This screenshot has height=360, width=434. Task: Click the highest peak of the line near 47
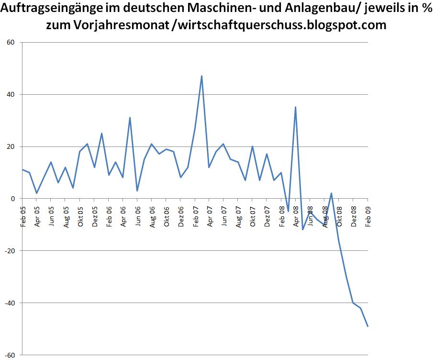[202, 76]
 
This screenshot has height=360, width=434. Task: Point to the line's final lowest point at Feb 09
[367, 326]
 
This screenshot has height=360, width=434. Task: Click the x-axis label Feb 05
[23, 216]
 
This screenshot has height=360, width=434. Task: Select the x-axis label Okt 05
[80, 216]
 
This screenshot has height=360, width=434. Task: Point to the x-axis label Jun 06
[138, 216]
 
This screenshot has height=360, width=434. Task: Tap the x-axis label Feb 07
[195, 216]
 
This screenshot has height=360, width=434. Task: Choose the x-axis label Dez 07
[267, 216]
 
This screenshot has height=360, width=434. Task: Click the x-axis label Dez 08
[353, 216]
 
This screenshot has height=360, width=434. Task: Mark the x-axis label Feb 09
[367, 216]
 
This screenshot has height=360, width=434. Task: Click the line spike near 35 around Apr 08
[295, 107]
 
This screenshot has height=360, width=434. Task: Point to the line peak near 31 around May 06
[130, 117]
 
